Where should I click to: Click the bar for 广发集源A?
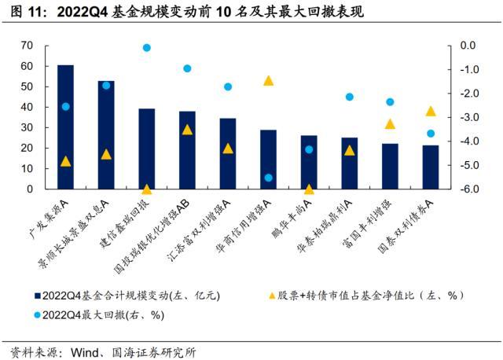click(65, 127)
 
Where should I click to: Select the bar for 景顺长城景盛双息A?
click(106, 134)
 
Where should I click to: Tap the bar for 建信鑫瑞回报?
click(146, 149)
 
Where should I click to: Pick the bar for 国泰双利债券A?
click(430, 167)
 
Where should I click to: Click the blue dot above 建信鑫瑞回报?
click(146, 48)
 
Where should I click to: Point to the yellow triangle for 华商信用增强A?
click(268, 80)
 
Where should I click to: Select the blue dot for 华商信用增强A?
click(268, 178)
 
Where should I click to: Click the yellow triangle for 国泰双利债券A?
click(430, 111)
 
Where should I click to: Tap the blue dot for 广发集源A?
click(65, 106)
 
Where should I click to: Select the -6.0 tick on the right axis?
click(465, 189)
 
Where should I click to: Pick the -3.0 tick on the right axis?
click(465, 117)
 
